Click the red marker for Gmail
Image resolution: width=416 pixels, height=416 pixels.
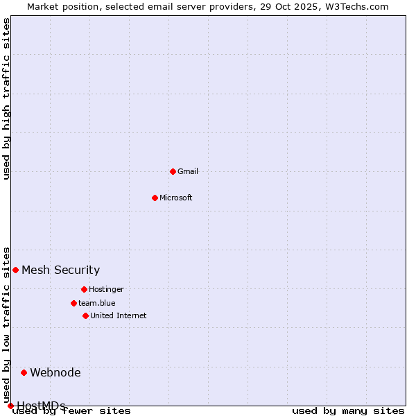coord(173,171)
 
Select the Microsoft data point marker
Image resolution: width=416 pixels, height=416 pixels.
coord(155,198)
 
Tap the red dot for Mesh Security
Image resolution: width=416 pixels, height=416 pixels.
coord(15,270)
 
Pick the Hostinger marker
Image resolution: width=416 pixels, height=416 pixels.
coord(84,289)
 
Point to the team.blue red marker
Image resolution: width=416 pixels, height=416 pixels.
coord(73,303)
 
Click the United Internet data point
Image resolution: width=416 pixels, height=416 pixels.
coord(85,315)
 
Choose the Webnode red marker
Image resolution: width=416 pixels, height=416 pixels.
coord(24,372)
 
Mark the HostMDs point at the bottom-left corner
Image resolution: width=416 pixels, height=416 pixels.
coord(10,406)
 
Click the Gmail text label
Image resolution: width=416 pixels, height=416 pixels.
coord(188,171)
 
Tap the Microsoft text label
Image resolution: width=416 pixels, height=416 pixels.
coord(176,198)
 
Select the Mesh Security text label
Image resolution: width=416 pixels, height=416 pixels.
coord(61,270)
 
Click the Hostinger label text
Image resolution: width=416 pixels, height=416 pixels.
coord(106,289)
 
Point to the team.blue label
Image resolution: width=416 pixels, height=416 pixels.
coord(97,303)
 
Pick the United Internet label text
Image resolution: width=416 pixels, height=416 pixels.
coord(119,315)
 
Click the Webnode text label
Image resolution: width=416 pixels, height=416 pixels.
coord(55,372)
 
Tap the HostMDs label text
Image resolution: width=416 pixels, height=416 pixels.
coord(42,406)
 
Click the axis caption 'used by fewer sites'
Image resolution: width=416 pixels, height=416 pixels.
coord(71,411)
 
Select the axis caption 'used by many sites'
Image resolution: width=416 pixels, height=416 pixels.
coord(348,411)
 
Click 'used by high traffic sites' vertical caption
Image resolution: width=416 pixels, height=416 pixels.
coord(6,98)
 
